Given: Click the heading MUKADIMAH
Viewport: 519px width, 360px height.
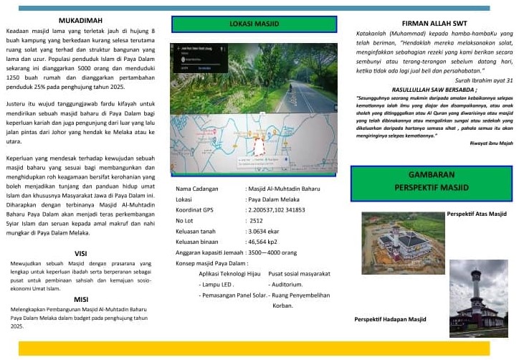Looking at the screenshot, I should point(81,21).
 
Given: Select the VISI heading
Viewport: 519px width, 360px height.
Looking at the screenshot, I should point(81,253).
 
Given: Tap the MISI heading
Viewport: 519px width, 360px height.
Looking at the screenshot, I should point(81,298).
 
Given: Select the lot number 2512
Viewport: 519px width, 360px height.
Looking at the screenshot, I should point(256,220).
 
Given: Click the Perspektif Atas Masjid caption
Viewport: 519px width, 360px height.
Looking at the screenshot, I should point(476,214).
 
